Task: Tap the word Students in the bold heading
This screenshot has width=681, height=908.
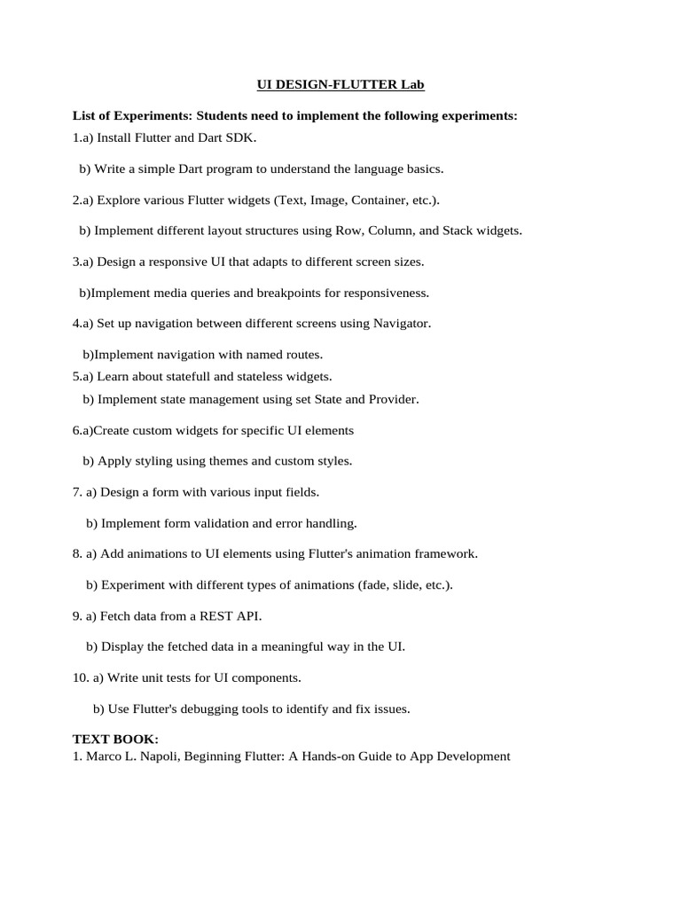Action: coord(225,116)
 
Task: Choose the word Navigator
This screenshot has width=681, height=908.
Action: coord(403,324)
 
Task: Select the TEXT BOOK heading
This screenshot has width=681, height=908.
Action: coord(115,739)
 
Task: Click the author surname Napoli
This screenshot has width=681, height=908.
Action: coord(167,756)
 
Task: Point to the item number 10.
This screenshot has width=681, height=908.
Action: coord(80,678)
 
